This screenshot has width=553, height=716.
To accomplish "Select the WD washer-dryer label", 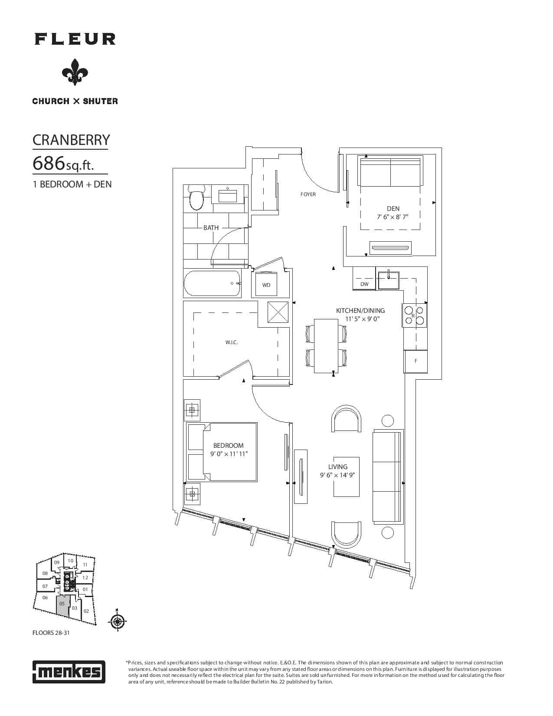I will click(x=266, y=285).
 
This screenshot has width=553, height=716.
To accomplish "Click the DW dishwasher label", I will click(x=364, y=284).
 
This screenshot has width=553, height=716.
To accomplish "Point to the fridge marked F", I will click(x=416, y=361).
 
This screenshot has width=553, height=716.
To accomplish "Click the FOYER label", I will click(x=308, y=194).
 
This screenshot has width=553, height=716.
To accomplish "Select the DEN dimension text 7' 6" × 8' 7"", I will click(x=393, y=217).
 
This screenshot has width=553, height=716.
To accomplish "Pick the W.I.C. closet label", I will click(x=232, y=342).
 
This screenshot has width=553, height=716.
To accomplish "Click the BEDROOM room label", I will click(x=228, y=446).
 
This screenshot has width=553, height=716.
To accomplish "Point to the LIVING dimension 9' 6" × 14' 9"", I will click(x=337, y=475).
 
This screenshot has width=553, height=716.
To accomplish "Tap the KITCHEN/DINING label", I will click(x=360, y=311).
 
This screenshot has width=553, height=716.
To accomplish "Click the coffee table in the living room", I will click(x=346, y=476).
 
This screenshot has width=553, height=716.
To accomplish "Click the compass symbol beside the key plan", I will click(x=117, y=621).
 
